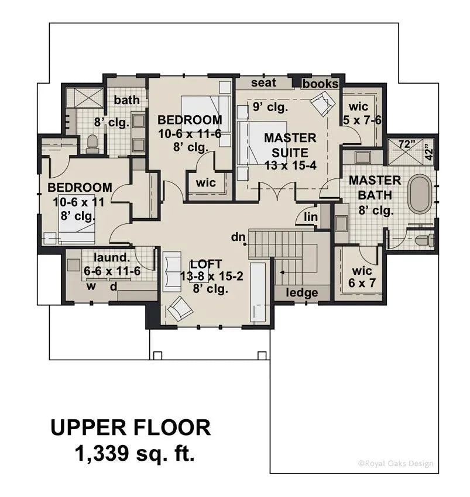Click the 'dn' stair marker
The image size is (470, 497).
pyautogui.click(x=237, y=237)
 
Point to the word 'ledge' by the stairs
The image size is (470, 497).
pyautogui.click(x=302, y=292)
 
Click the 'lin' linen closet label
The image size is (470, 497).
pyautogui.click(x=310, y=218)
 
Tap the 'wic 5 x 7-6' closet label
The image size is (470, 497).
pyautogui.click(x=358, y=113)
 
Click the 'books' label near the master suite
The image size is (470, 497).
pyautogui.click(x=320, y=84)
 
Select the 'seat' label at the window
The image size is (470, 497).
pyautogui.click(x=263, y=83)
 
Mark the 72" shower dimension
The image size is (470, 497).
pyautogui.click(x=406, y=144)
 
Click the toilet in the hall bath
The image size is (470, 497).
pyautogui.click(x=92, y=144)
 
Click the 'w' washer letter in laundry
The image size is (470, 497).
pyautogui.click(x=91, y=286)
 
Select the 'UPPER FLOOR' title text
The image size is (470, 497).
pyautogui.click(x=130, y=427)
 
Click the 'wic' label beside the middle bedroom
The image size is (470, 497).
pyautogui.click(x=206, y=183)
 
